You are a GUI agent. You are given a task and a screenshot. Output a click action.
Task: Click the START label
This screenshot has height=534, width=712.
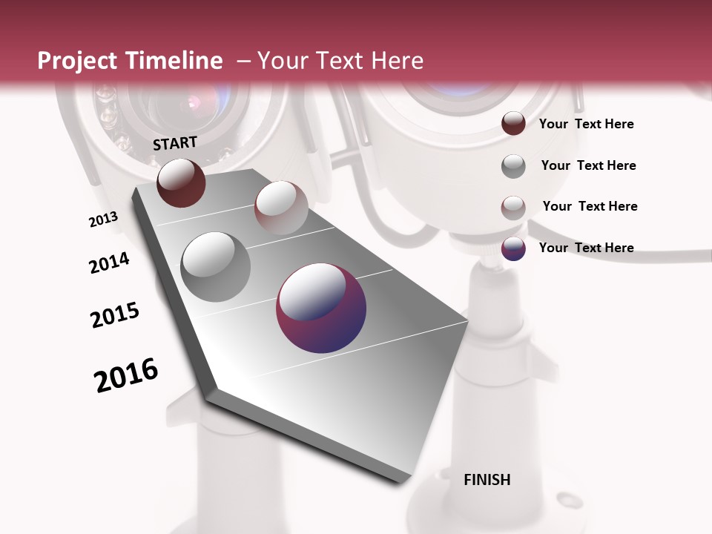[175, 143]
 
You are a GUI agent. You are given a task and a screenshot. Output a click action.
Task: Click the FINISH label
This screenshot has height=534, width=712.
[487, 480]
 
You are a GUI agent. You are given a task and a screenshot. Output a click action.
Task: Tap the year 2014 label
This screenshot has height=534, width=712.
[109, 263]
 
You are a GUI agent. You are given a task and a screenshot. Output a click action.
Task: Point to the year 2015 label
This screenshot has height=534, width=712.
[115, 314]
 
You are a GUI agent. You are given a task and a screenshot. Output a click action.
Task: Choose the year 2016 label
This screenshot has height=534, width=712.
[126, 375]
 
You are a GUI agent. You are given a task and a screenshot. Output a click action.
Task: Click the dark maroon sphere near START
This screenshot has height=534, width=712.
[181, 182]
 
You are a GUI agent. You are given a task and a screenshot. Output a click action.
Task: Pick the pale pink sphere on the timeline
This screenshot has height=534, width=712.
[281, 208]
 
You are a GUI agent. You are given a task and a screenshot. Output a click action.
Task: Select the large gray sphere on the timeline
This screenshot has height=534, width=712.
[216, 266]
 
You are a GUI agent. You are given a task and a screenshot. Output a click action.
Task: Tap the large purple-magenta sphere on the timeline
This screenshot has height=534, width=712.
[321, 308]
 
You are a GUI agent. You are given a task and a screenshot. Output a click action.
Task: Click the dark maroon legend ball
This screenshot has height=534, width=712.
[513, 124]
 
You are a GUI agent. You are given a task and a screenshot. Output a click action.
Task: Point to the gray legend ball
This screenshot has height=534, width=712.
[513, 166]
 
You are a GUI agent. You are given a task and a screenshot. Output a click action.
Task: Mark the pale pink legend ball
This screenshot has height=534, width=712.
[513, 208]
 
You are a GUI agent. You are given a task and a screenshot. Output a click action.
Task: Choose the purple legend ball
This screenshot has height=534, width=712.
[513, 248]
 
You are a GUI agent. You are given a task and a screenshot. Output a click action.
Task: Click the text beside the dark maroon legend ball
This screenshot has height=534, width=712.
[586, 125]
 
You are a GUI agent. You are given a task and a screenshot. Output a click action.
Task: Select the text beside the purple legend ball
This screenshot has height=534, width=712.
[586, 248]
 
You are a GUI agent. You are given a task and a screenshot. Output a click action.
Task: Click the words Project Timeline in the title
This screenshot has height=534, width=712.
[130, 61]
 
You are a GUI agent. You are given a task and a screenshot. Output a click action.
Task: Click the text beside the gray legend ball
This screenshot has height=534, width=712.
[588, 165]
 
